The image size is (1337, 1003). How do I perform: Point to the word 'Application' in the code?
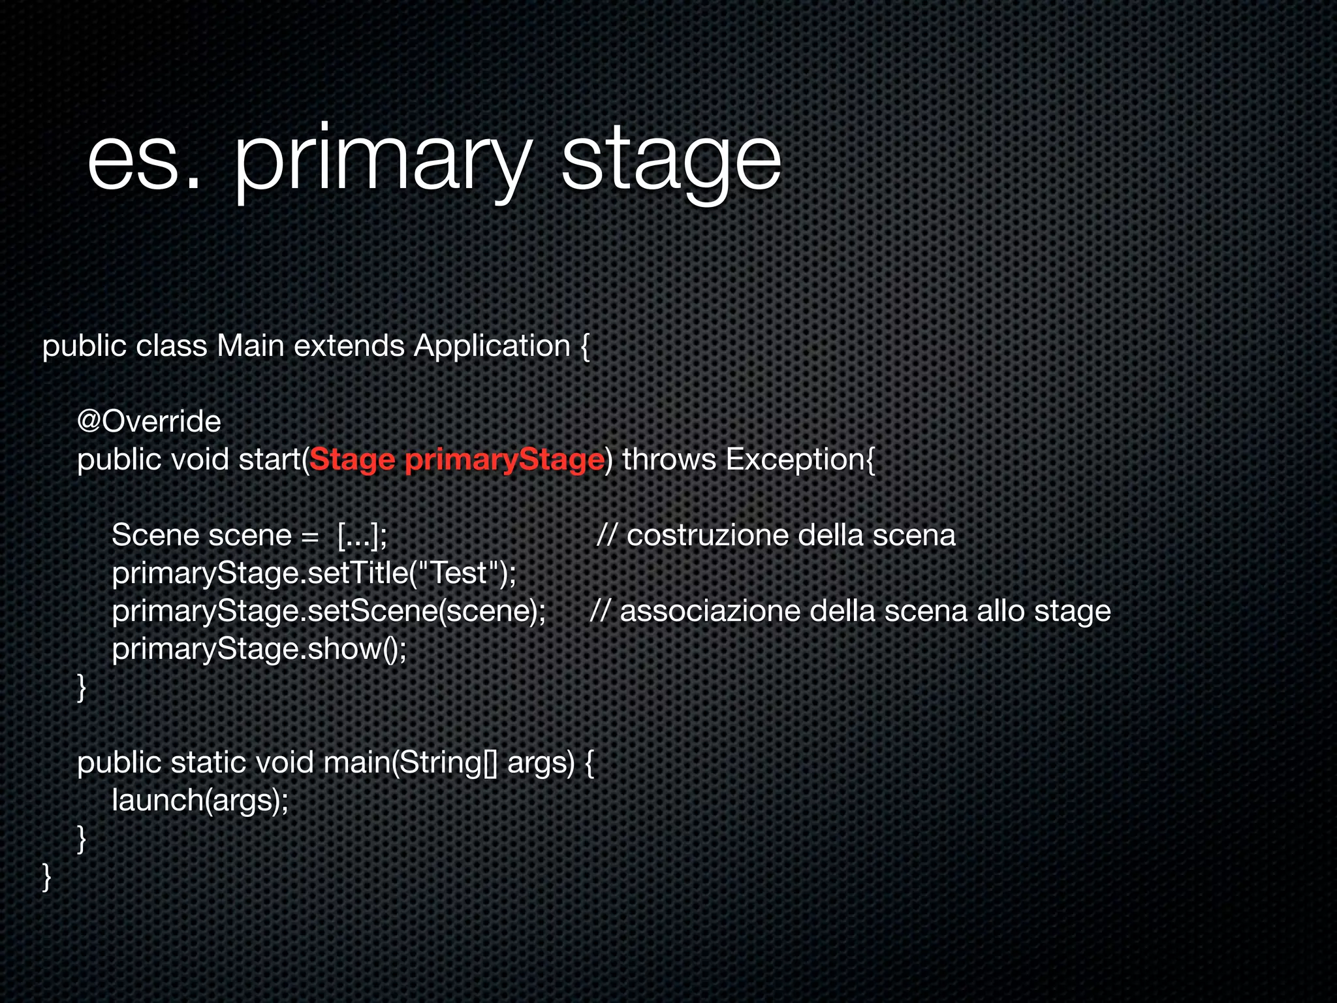pos(492,345)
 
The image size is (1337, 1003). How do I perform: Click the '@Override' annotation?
pos(149,421)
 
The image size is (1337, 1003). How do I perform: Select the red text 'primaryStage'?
pos(504,460)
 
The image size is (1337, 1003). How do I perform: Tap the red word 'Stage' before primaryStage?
pos(353,460)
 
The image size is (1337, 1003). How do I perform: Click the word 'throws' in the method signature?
pos(669,459)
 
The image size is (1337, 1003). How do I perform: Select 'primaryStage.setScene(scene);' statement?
pos(329,611)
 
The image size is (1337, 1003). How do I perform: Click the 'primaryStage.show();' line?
pos(259,649)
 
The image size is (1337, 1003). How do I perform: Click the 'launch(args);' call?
pos(200,801)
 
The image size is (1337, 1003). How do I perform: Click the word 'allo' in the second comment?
pos(1001,611)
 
